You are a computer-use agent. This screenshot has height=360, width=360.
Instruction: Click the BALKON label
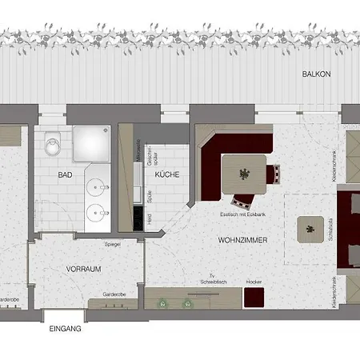[x=316, y=74]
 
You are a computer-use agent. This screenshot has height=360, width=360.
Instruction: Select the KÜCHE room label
[x=166, y=174]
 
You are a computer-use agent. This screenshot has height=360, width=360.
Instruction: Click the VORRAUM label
[x=84, y=270]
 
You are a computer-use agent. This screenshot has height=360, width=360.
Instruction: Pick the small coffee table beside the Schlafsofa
[x=306, y=230]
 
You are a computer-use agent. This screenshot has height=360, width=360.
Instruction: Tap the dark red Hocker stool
[x=254, y=298]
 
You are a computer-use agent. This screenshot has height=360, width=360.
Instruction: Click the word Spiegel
[x=112, y=244]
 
